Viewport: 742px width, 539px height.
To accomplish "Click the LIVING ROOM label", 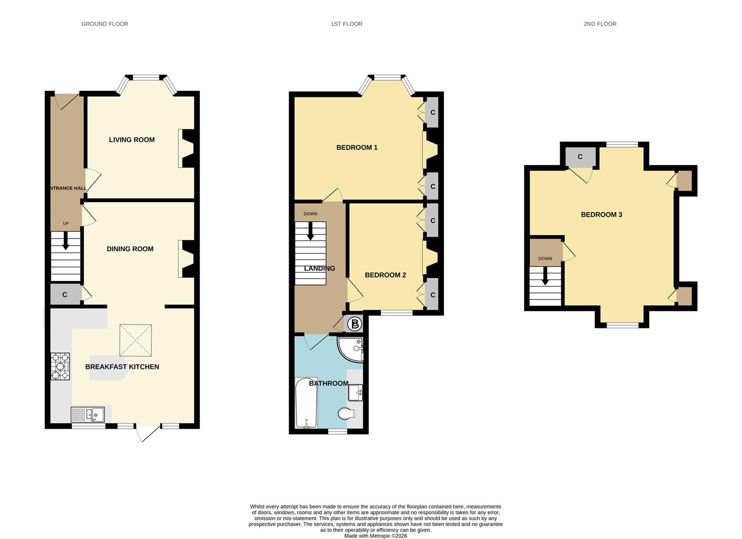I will coord(132,140).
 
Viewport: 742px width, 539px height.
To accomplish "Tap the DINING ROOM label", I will coord(130,249).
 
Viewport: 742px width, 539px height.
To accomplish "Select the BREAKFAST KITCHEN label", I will coord(122,367).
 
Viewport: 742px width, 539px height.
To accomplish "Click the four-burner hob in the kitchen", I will coord(60,367).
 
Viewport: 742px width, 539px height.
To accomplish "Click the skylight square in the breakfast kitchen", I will coord(135,340).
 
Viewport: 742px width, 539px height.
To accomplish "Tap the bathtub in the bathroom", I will coord(306,403).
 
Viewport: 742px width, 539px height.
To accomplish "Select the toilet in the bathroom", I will coord(346,413).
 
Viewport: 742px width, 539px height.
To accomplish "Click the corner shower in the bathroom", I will coord(352,348).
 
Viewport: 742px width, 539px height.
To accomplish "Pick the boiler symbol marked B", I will coord(355,324).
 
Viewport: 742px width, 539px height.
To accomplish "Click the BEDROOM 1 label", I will coord(357,147).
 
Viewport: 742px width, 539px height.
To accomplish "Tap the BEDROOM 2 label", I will coord(385,275).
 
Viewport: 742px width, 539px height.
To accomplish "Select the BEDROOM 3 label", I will coord(601,215).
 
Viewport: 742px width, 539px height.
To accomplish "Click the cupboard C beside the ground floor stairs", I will coord(65,295).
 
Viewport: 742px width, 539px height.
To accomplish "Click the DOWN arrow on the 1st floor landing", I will coord(310,231).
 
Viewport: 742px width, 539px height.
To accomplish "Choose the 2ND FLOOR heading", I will coord(600,24).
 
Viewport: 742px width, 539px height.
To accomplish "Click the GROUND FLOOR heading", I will coord(104,24).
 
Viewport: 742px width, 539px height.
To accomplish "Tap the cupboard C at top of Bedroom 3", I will coord(580,157).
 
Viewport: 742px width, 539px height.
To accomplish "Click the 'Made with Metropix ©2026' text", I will coord(375,536).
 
